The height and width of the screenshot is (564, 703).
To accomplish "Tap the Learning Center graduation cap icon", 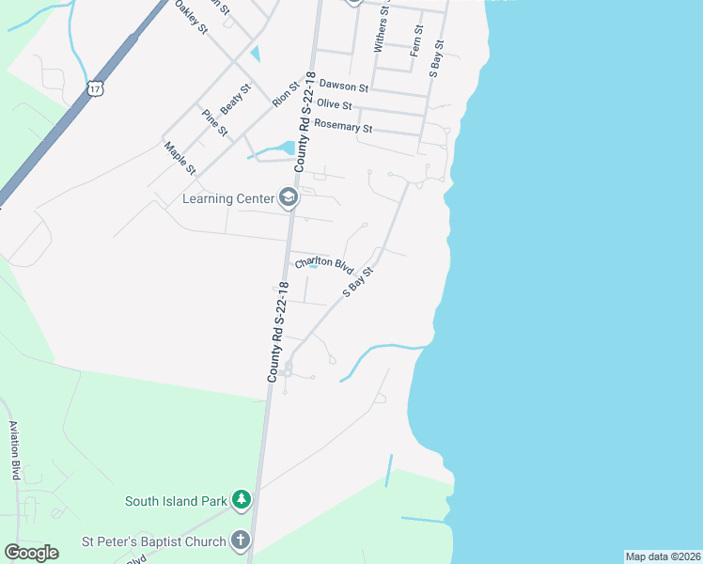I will (289, 197).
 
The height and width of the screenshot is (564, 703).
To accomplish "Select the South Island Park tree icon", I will (242, 500).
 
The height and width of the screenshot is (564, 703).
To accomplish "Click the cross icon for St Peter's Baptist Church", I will (241, 540).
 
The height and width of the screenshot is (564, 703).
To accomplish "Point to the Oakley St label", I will (191, 18).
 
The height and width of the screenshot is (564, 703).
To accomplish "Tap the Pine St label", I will (214, 122).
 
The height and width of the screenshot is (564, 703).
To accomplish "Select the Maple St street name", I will (179, 158).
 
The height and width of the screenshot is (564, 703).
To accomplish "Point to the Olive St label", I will (335, 104).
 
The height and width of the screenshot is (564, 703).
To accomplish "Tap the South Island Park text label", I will (176, 501).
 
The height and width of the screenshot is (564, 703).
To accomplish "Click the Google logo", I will (31, 552).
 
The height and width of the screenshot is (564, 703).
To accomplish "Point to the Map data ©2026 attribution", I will (663, 556).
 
